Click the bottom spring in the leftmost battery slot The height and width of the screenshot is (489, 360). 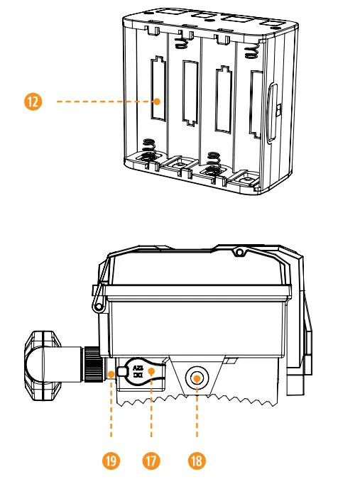click(151, 148)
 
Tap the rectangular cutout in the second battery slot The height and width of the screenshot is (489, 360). click(189, 92)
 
